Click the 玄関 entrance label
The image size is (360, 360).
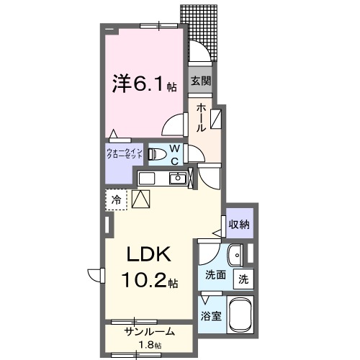(x=200, y=81)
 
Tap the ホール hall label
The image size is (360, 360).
(x=201, y=117)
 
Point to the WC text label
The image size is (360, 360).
(x=175, y=154)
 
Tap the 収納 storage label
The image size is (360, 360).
(x=240, y=225)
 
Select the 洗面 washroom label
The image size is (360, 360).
(x=215, y=275)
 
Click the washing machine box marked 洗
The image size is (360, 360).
(x=243, y=278)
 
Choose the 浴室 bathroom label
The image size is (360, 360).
(x=211, y=315)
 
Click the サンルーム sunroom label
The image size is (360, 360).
(x=148, y=333)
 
